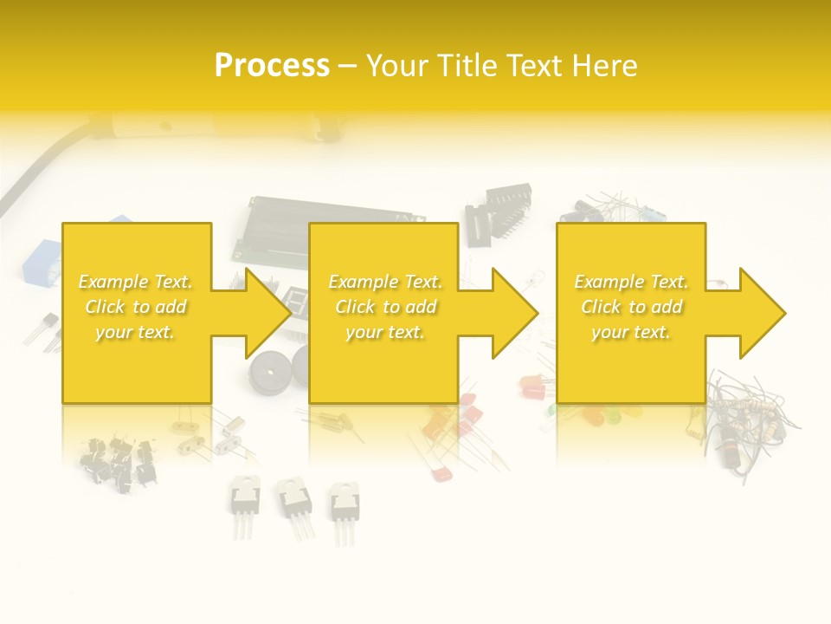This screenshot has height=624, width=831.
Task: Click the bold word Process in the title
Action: [272, 66]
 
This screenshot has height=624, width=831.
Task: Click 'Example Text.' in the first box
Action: [136, 282]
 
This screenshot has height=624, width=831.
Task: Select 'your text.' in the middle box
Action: [385, 332]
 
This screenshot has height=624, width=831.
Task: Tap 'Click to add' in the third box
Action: [632, 307]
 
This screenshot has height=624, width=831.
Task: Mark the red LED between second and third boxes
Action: [531, 385]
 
